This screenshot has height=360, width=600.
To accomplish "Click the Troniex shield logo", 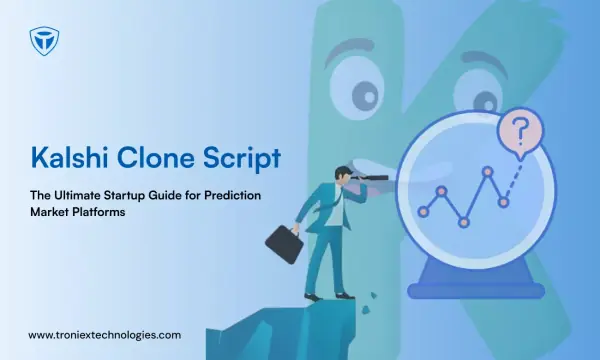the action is pos(44,41).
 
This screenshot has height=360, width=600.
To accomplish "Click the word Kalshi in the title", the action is pos(69,157).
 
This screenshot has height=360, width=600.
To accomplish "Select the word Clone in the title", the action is pos(155,157).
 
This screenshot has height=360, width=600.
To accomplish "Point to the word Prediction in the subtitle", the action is pos(232,195).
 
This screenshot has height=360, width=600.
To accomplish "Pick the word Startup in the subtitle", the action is pos(124,196).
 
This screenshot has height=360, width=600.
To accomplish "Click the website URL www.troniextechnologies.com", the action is pos(104,335).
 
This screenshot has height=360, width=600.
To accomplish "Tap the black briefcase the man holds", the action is pos(284,244).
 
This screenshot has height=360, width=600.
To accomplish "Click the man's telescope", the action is pos(370,178).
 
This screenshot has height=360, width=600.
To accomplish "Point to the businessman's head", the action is pos(342,175).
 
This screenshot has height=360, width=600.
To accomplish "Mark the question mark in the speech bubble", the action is pos(520,131).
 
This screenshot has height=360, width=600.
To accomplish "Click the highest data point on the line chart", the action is pos(488,171).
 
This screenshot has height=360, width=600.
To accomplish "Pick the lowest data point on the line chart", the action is pos(464,222).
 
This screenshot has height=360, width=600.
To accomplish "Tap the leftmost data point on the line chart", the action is pos(423,212).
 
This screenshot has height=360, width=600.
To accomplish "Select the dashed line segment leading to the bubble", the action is pos(514,181).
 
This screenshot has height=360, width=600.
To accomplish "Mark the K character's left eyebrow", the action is pos(348,51).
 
